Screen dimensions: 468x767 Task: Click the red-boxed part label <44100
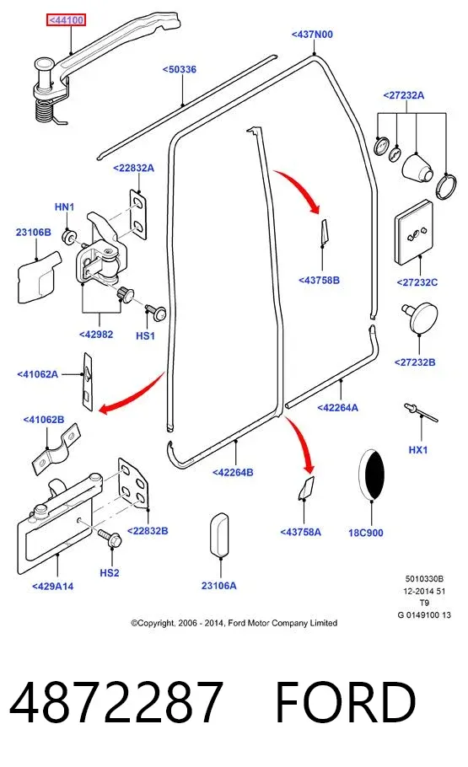pyautogui.click(x=66, y=20)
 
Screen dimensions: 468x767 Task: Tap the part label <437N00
pyautogui.click(x=312, y=35)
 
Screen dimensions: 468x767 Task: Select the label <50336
pyautogui.click(x=179, y=69)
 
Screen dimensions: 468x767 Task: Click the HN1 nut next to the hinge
pyautogui.click(x=68, y=236)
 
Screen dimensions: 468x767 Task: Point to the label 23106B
pyautogui.click(x=33, y=232)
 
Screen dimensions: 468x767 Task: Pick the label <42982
pyautogui.click(x=96, y=335)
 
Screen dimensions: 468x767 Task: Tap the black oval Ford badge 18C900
pyautogui.click(x=372, y=474)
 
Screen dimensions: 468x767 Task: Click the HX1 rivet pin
pyautogui.click(x=420, y=412)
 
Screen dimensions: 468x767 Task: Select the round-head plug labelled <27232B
pyautogui.click(x=420, y=317)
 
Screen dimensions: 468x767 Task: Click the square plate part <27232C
pyautogui.click(x=414, y=232)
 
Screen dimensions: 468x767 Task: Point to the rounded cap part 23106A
pyautogui.click(x=219, y=534)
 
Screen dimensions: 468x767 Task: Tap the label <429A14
pyautogui.click(x=53, y=586)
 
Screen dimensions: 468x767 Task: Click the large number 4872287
pyautogui.click(x=116, y=702)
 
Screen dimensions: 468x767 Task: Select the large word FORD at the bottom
pyautogui.click(x=346, y=702)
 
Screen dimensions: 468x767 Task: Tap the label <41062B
pyautogui.click(x=44, y=420)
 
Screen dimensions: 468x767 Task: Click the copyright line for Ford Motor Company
pyautogui.click(x=234, y=623)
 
